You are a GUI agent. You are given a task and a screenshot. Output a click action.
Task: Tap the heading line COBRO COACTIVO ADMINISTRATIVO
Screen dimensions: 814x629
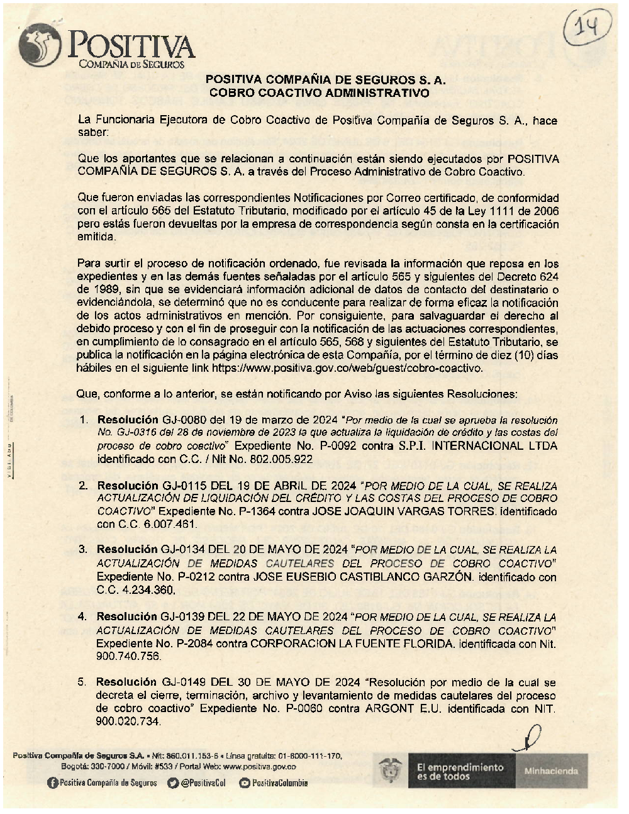320,92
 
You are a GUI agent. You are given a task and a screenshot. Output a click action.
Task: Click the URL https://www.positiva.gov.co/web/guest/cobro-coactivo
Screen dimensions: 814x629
347,369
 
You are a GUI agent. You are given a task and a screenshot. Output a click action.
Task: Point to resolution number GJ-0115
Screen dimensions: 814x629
184,486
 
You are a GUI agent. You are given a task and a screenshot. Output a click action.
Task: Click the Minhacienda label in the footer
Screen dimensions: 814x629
551,771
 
